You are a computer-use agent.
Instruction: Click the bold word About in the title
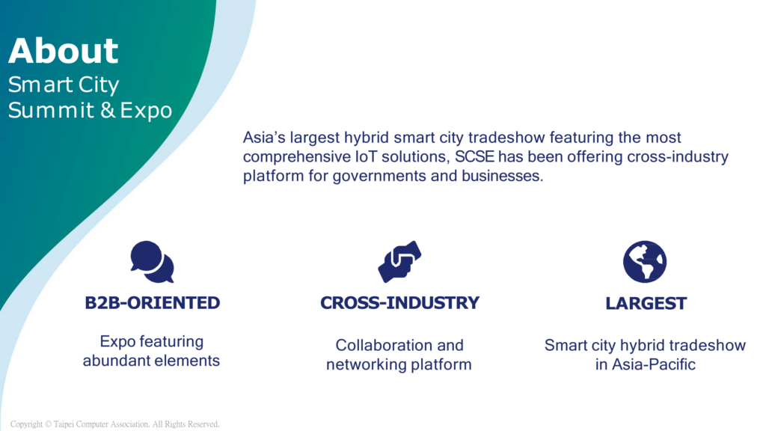click(x=64, y=51)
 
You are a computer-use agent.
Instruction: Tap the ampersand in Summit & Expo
click(x=108, y=110)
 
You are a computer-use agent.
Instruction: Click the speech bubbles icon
click(x=152, y=261)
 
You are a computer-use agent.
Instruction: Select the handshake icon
click(x=399, y=261)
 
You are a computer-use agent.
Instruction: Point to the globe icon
click(x=645, y=261)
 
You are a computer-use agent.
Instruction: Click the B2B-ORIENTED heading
click(x=153, y=303)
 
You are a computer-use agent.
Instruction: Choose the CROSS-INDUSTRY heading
click(x=399, y=303)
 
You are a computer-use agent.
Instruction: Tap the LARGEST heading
click(x=646, y=304)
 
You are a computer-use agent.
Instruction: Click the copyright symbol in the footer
click(x=48, y=424)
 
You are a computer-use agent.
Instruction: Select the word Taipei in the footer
click(x=64, y=424)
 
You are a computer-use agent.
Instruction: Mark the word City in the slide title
click(x=99, y=85)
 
